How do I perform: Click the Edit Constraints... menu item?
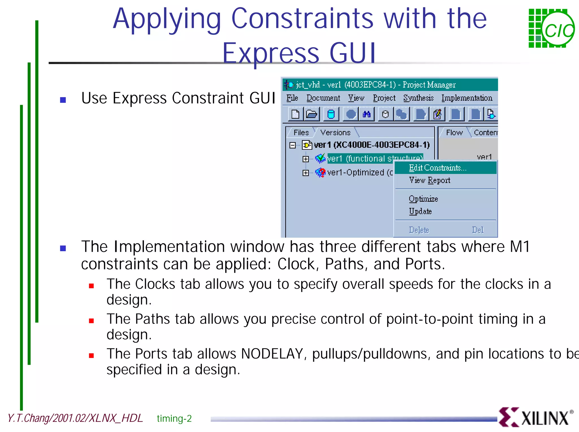[x=437, y=168]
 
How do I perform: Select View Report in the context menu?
[x=429, y=180]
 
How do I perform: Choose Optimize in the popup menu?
[x=423, y=199]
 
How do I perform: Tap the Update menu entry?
[x=420, y=211]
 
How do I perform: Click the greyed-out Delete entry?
[x=419, y=230]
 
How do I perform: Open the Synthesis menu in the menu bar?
[x=418, y=98]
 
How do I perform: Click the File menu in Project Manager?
[x=292, y=98]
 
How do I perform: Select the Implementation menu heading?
[x=466, y=98]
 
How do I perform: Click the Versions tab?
[x=335, y=132]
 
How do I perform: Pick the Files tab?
[x=301, y=132]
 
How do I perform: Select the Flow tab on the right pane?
[x=454, y=132]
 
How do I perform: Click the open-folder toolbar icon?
[x=312, y=114]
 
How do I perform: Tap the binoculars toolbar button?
[x=367, y=114]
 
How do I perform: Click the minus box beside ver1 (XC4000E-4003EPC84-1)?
[x=293, y=145]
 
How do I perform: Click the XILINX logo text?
[x=545, y=418]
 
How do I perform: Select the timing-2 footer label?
[x=174, y=418]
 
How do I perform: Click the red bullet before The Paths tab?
[x=91, y=321]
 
